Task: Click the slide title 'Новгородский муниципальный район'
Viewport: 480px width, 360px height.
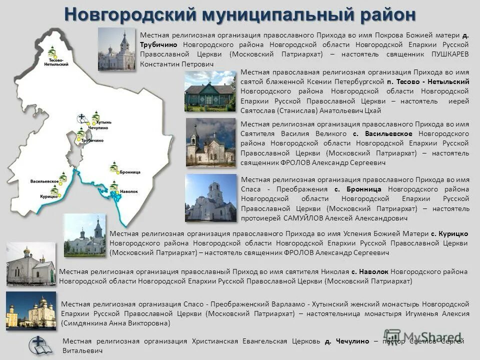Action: [240, 14]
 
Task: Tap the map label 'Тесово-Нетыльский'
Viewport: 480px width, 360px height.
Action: [56, 62]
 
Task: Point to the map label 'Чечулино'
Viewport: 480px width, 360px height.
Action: [98, 128]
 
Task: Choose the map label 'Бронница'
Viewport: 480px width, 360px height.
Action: [130, 172]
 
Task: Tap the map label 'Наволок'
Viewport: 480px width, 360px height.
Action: [128, 191]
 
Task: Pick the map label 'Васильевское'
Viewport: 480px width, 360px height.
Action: [45, 180]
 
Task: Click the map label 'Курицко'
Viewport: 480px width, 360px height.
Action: [48, 196]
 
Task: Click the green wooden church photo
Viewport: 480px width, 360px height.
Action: [209, 91]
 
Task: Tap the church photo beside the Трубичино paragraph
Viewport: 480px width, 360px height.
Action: [116, 48]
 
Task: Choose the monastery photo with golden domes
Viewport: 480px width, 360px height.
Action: [31, 310]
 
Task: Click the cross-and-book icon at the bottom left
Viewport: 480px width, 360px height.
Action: [40, 345]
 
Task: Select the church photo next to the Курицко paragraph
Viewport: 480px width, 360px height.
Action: [84, 235]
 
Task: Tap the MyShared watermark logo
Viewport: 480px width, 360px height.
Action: [422, 337]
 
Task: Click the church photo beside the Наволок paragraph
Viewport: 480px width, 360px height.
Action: [31, 263]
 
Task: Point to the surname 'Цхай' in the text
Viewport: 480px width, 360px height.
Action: [372, 110]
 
